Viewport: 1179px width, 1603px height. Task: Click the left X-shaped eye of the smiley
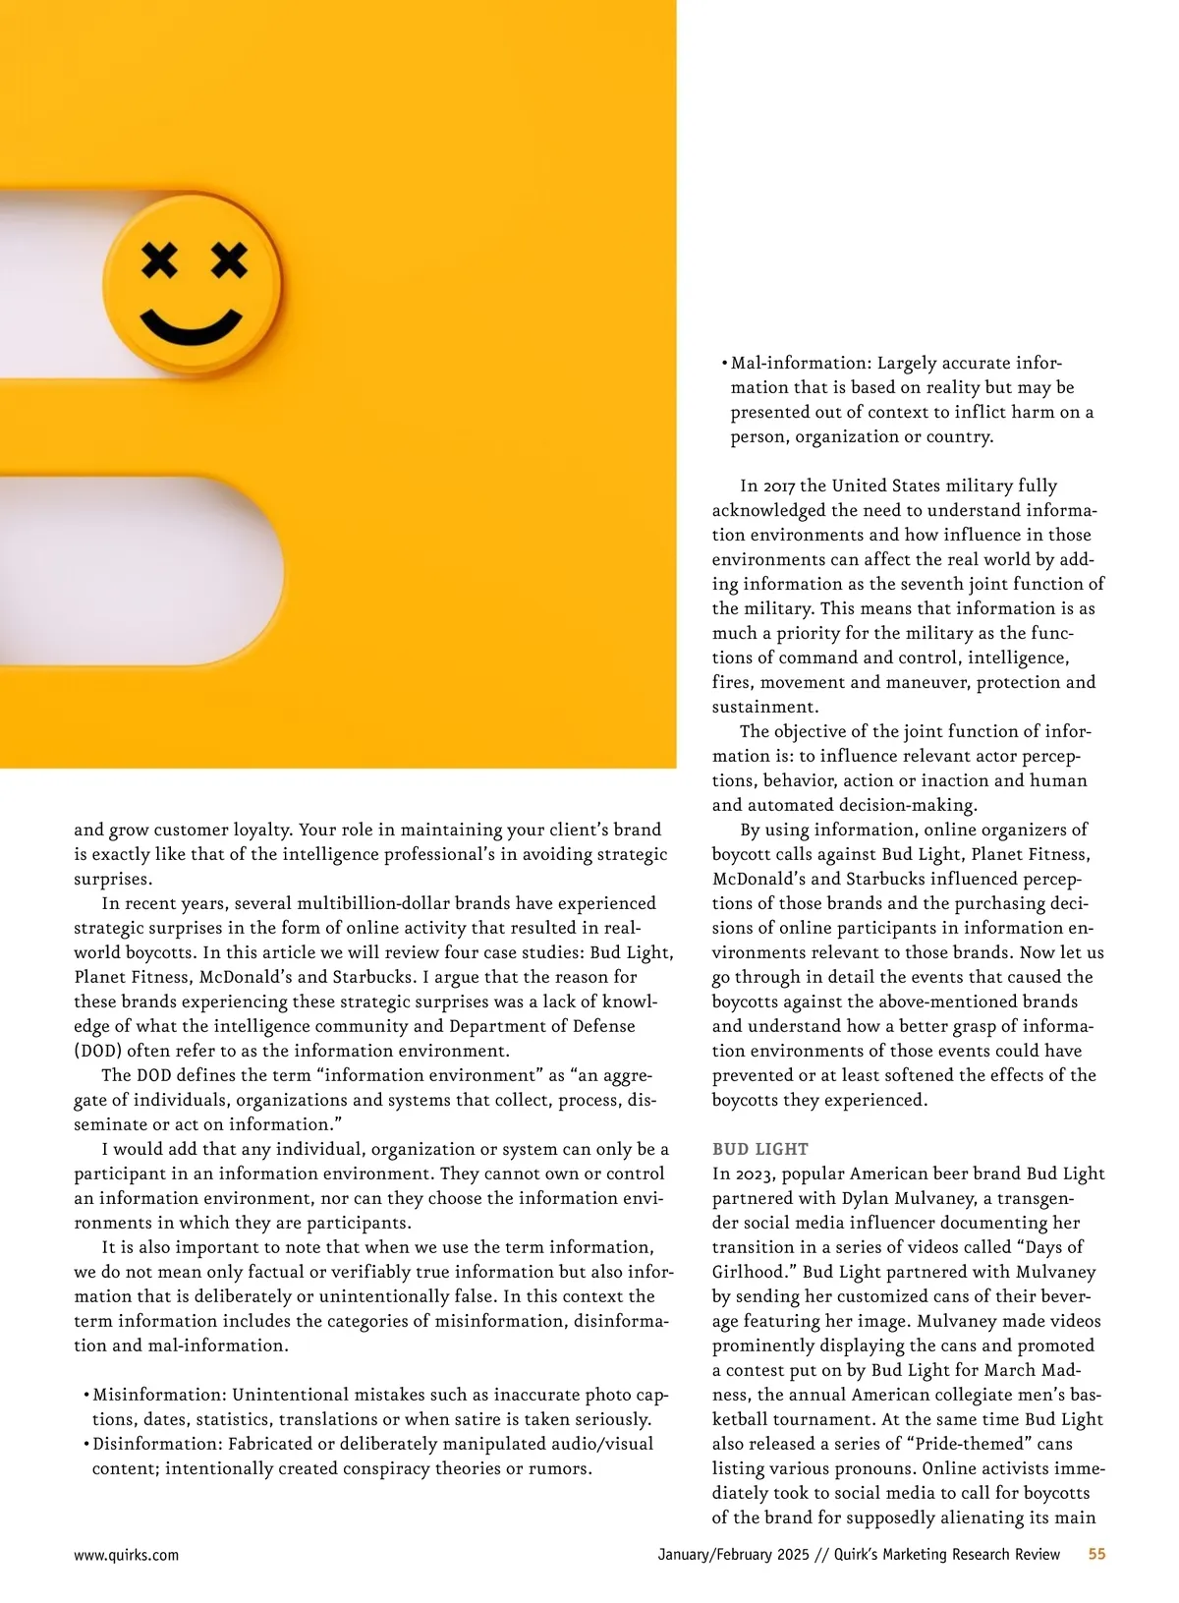coord(159,260)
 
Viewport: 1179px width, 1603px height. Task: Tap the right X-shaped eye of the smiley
coord(229,260)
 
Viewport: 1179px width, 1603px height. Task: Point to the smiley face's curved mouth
coord(192,328)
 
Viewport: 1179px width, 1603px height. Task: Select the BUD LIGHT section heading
coord(760,1149)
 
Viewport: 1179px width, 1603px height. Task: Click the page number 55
coord(1096,1554)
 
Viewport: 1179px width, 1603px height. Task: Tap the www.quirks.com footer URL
coord(126,1555)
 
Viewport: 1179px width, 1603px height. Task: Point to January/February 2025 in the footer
coord(733,1554)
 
